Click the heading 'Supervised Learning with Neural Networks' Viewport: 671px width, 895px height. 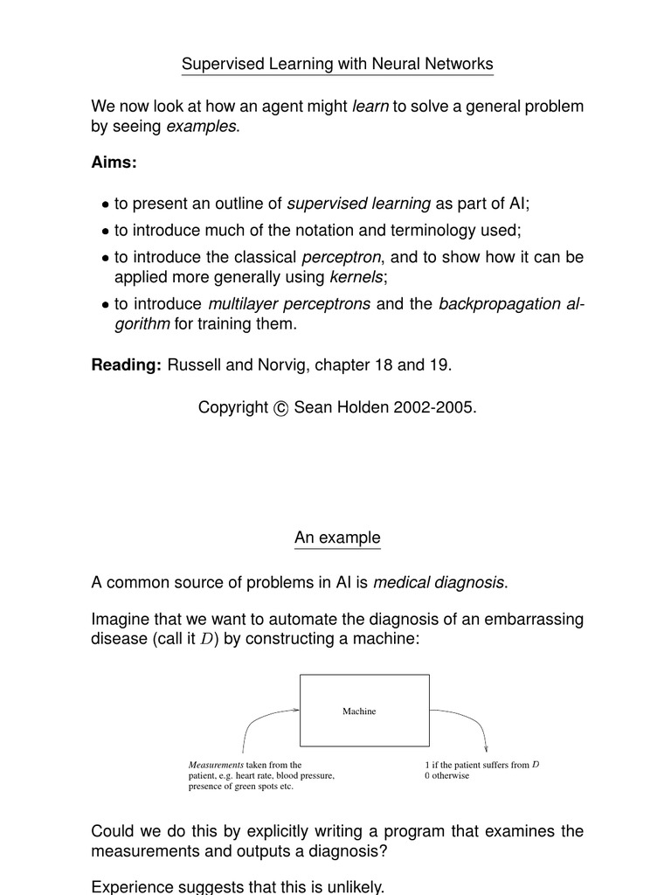tap(337, 64)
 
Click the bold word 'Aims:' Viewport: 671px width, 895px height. tap(114, 163)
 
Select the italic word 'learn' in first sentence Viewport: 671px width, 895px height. tap(370, 107)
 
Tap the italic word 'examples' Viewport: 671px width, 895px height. tap(201, 127)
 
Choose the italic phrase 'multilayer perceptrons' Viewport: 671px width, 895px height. tap(289, 304)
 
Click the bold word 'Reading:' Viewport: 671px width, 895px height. tap(127, 364)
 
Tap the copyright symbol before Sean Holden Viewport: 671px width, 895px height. tap(280, 409)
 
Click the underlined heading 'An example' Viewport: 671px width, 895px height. tap(337, 538)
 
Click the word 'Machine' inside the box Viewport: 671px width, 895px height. tap(359, 711)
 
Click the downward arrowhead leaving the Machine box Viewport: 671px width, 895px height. tap(485, 747)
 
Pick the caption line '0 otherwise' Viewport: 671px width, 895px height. tap(446, 776)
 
